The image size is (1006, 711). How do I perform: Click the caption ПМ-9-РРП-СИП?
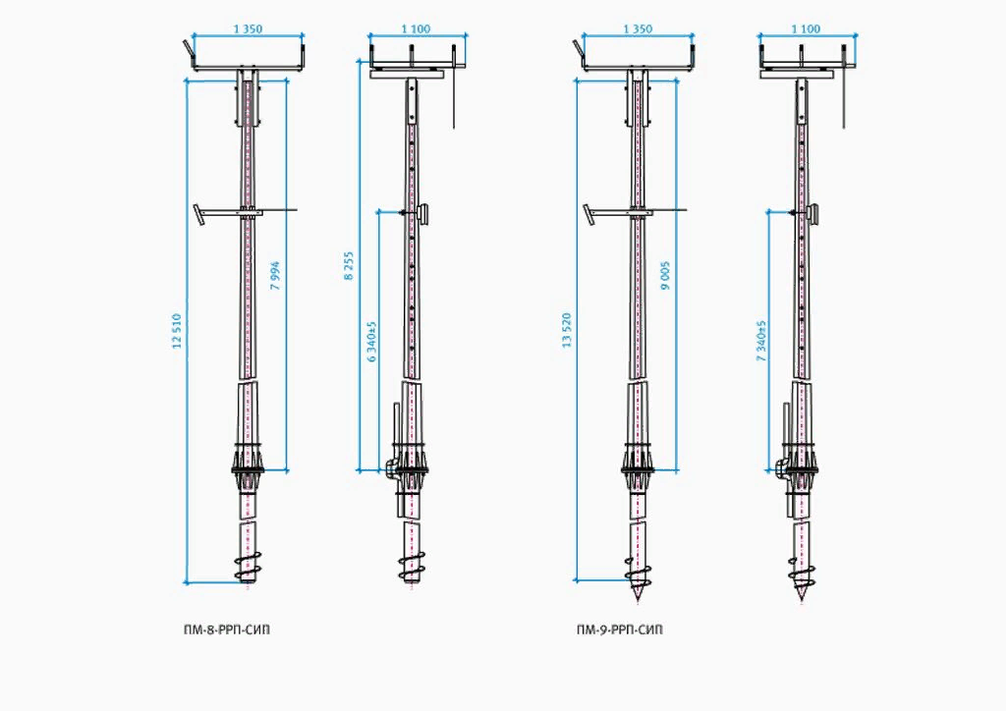click(619, 629)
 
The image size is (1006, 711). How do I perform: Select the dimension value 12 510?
click(178, 332)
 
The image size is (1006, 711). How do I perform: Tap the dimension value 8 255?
click(349, 267)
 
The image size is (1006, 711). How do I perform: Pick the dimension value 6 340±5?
click(371, 342)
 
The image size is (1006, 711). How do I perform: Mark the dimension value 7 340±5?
click(761, 342)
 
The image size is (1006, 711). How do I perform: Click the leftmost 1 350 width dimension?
click(248, 29)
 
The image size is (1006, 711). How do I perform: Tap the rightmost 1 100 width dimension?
click(804, 29)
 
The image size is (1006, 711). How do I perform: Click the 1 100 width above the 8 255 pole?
click(416, 29)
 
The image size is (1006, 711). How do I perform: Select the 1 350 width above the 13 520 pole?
click(637, 29)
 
